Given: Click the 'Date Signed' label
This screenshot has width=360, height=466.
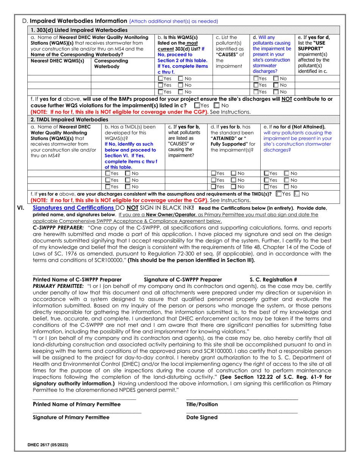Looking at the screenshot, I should click(202, 418).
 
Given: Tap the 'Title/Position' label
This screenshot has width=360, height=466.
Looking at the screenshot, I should click(202, 404).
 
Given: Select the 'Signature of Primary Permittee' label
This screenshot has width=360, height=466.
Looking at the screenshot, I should click(71, 418).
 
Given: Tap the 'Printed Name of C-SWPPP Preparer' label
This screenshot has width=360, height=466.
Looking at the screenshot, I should click(75, 280).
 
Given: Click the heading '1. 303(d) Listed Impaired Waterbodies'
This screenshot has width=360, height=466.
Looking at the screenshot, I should click(78, 30).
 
